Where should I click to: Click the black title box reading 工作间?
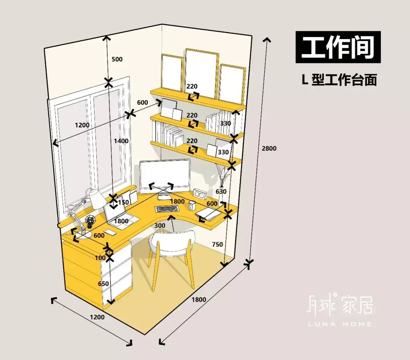click(x=338, y=47)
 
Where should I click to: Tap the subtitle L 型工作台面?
click(x=339, y=80)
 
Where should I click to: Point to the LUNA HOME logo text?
click(x=340, y=324)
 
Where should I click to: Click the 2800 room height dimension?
click(x=269, y=148)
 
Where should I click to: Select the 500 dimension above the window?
click(x=117, y=59)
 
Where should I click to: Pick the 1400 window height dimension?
click(x=121, y=141)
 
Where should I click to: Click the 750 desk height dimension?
click(x=217, y=244)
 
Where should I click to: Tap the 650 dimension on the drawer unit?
click(x=103, y=284)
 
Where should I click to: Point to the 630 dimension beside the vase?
click(x=221, y=191)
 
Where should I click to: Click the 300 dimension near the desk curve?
click(x=160, y=226)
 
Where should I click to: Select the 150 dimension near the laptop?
click(x=123, y=202)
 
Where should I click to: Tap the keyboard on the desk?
click(x=167, y=209)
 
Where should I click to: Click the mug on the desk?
click(x=192, y=205)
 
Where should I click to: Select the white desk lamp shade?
click(x=95, y=198)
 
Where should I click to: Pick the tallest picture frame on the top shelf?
click(x=202, y=74)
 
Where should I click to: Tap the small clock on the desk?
click(x=200, y=194)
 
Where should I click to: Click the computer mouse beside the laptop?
click(x=110, y=232)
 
